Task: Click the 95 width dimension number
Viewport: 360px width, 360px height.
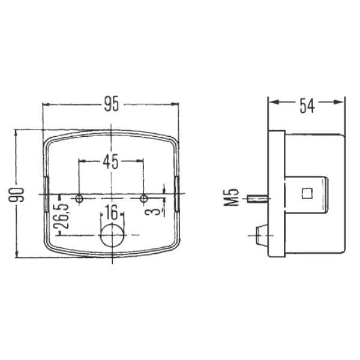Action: [x=112, y=104]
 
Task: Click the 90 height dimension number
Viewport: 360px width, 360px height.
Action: [x=16, y=194]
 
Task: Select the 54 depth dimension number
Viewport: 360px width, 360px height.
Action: [x=307, y=106]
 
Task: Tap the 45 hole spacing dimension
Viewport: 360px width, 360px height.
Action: [x=110, y=161]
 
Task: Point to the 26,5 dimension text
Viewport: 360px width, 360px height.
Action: [x=61, y=216]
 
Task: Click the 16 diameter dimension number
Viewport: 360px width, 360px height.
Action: [x=112, y=212]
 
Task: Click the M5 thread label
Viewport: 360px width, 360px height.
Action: [x=232, y=197]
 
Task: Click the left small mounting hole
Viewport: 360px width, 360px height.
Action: [x=79, y=199]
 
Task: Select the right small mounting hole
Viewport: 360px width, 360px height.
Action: [x=144, y=199]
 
